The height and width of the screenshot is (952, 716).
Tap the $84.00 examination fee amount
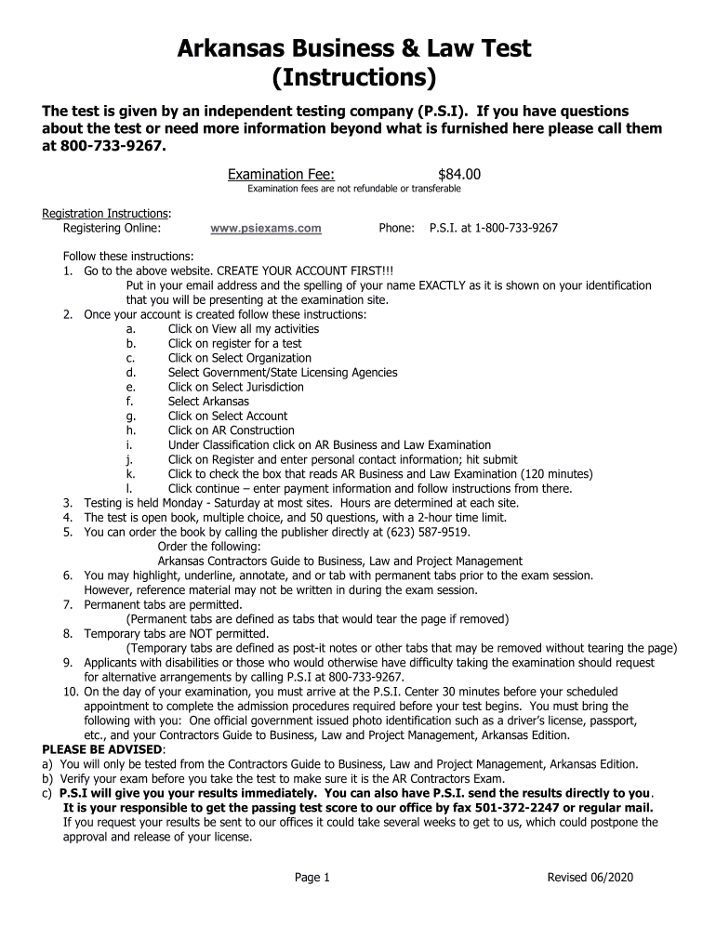458,174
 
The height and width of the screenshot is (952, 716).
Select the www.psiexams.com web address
266,228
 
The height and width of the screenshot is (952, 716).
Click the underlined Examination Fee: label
282,174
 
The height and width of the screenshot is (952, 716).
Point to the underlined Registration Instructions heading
105,213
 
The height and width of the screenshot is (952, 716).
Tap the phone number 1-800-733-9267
516,228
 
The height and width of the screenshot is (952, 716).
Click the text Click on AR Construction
231,430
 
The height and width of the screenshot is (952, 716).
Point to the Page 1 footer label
312,878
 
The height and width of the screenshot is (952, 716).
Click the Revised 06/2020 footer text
590,878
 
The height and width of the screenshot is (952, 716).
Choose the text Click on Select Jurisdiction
235,387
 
